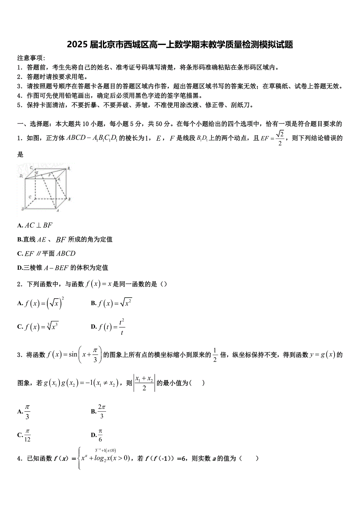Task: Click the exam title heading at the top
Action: pos(180,45)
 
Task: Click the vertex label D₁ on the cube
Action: pos(21,176)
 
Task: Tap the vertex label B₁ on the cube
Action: pos(69,168)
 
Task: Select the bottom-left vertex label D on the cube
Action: pos(23,209)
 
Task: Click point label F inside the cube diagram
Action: pos(49,175)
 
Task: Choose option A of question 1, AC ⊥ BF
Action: pos(35,225)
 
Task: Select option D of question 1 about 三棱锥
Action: pos(63,268)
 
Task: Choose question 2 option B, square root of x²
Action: pos(112,303)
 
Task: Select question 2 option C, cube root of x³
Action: pos(38,327)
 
